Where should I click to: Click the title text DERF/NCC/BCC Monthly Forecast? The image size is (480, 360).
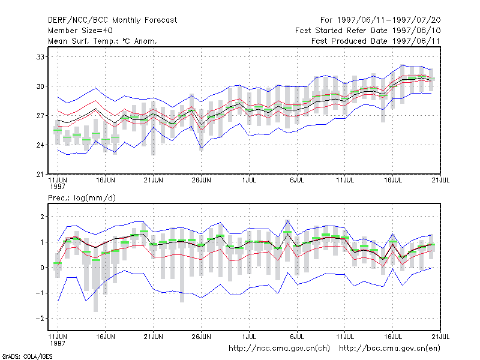point(112,20)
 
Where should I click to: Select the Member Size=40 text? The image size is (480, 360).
point(80,31)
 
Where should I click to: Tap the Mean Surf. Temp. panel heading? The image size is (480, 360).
point(103,41)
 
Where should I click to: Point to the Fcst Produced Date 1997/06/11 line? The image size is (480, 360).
point(376,41)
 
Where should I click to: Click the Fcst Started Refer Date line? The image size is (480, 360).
point(368,31)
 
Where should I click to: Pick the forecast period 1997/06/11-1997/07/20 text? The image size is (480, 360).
point(380,20)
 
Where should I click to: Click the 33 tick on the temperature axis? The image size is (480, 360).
point(40,57)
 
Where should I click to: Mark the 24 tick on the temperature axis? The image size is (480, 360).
point(40,145)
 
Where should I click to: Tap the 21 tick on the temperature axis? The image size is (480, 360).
point(40,174)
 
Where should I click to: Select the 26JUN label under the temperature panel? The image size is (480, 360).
point(201,181)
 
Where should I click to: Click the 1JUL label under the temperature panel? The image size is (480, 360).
point(249,181)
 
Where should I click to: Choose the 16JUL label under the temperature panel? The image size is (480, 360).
point(393,181)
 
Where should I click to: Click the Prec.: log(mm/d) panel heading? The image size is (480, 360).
point(82,198)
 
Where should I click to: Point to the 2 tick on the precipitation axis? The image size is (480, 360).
point(42,217)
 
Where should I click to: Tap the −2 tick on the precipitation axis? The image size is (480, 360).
point(40,319)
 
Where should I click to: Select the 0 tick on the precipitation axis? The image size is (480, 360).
point(42,268)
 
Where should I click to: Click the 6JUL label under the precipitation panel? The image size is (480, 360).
point(297,337)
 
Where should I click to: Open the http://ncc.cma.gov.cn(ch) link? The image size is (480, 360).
point(279,349)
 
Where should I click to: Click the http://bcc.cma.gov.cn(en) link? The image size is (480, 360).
point(389,349)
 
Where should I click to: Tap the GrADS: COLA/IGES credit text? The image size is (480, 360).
point(27,356)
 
